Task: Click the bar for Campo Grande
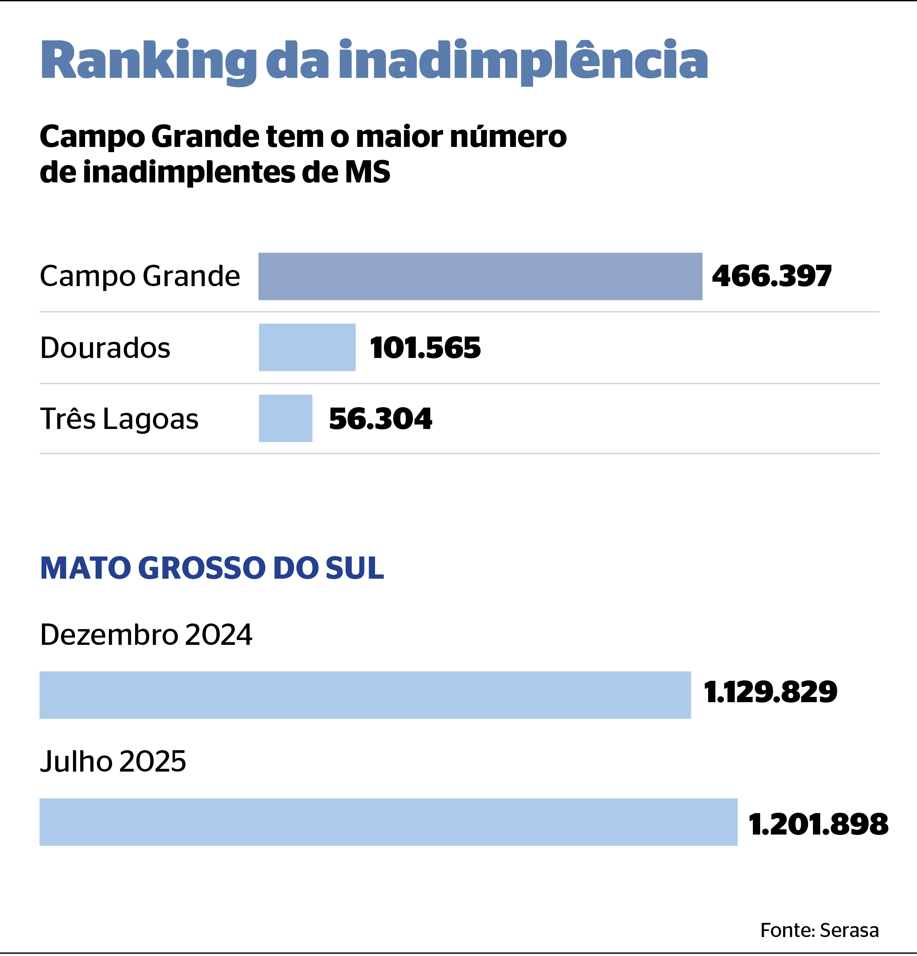(480, 276)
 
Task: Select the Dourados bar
(307, 347)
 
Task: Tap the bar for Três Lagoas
(285, 418)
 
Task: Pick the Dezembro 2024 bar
(365, 695)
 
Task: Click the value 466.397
(772, 276)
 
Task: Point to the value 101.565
(425, 348)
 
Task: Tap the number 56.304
(380, 418)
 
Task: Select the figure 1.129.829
(770, 692)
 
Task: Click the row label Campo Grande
(140, 276)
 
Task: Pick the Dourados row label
(105, 348)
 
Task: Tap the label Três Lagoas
(119, 418)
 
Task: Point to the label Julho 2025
(113, 761)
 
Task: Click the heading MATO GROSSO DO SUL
(212, 568)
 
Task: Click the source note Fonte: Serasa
(819, 930)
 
